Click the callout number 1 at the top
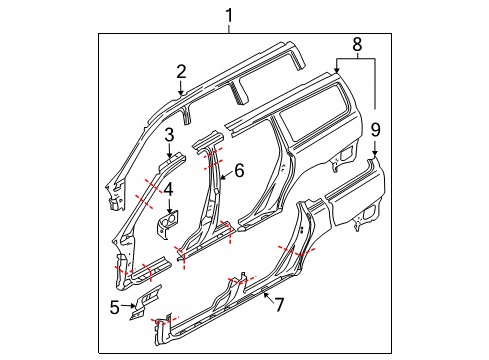[x=229, y=16]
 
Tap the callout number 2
[x=181, y=72]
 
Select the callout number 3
[x=169, y=135]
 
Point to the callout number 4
[x=168, y=189]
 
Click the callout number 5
[x=114, y=307]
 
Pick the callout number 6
[x=239, y=170]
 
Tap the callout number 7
[x=279, y=305]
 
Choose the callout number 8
[x=357, y=44]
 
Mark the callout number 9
[x=375, y=130]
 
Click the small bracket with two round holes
[x=168, y=222]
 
